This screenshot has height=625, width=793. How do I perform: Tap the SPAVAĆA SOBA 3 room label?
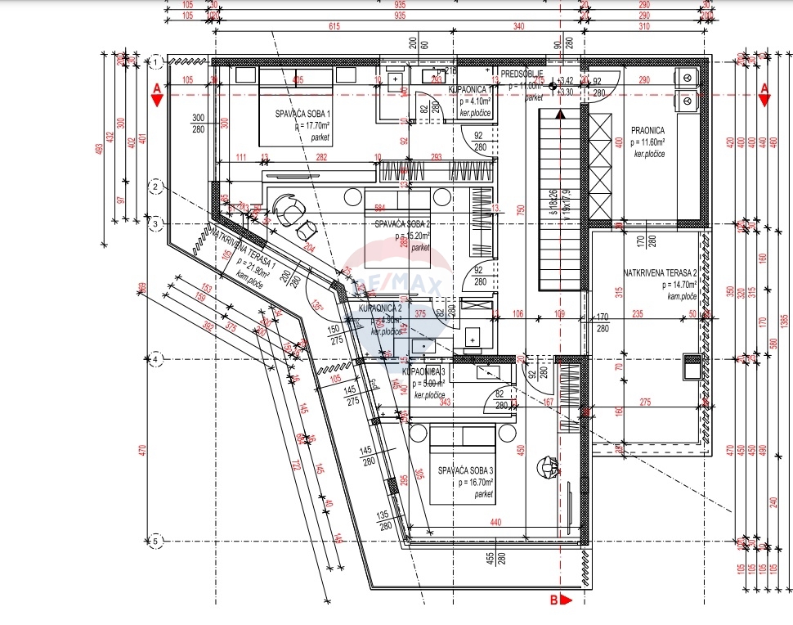465,470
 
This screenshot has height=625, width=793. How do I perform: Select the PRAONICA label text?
647,129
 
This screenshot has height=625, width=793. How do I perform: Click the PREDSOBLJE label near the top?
522,74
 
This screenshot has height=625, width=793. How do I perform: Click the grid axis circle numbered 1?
155,62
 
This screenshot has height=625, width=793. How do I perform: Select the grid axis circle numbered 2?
155,187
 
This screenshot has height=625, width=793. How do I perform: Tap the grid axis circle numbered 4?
155,359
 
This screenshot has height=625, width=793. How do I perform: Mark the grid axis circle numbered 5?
155,540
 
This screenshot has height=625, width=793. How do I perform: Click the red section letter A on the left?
155,89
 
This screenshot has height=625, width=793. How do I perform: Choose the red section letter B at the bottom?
553,600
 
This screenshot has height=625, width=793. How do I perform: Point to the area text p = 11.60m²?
647,142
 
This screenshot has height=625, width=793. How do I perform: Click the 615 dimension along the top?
307,27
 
